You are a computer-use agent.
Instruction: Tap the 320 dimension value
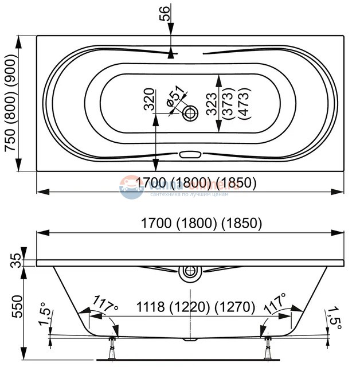tap(149, 99)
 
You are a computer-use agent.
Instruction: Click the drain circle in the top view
tap(190, 113)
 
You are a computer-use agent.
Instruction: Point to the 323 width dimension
tap(213, 104)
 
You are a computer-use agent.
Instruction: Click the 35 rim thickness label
tap(17, 261)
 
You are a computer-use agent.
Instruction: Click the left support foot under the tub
tap(112, 349)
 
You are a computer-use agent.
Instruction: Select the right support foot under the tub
tap(267, 349)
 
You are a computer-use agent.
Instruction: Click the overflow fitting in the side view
tap(190, 274)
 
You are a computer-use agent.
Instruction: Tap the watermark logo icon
tap(131, 188)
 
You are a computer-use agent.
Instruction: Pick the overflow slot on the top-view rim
tap(190, 154)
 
